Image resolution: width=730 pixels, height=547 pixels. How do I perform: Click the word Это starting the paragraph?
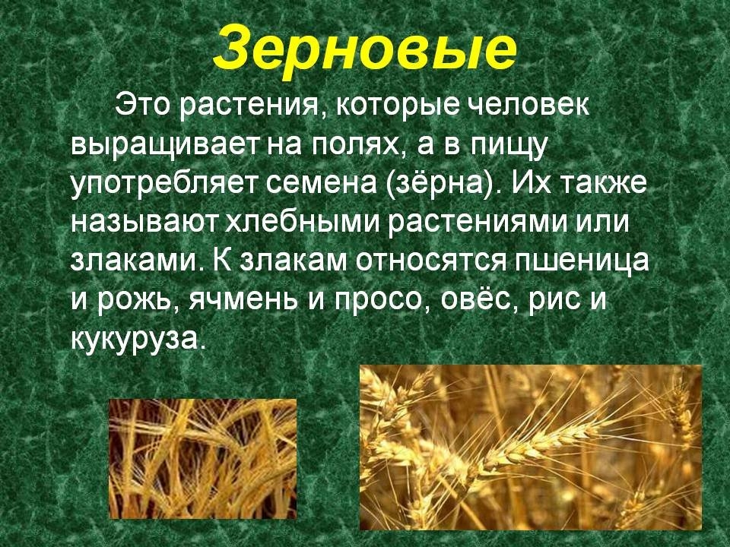point(144,105)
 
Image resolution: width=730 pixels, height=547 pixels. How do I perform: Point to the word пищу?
point(507,146)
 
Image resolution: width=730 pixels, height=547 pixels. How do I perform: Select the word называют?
point(144,223)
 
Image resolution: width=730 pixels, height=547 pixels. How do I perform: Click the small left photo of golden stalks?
point(202,459)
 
